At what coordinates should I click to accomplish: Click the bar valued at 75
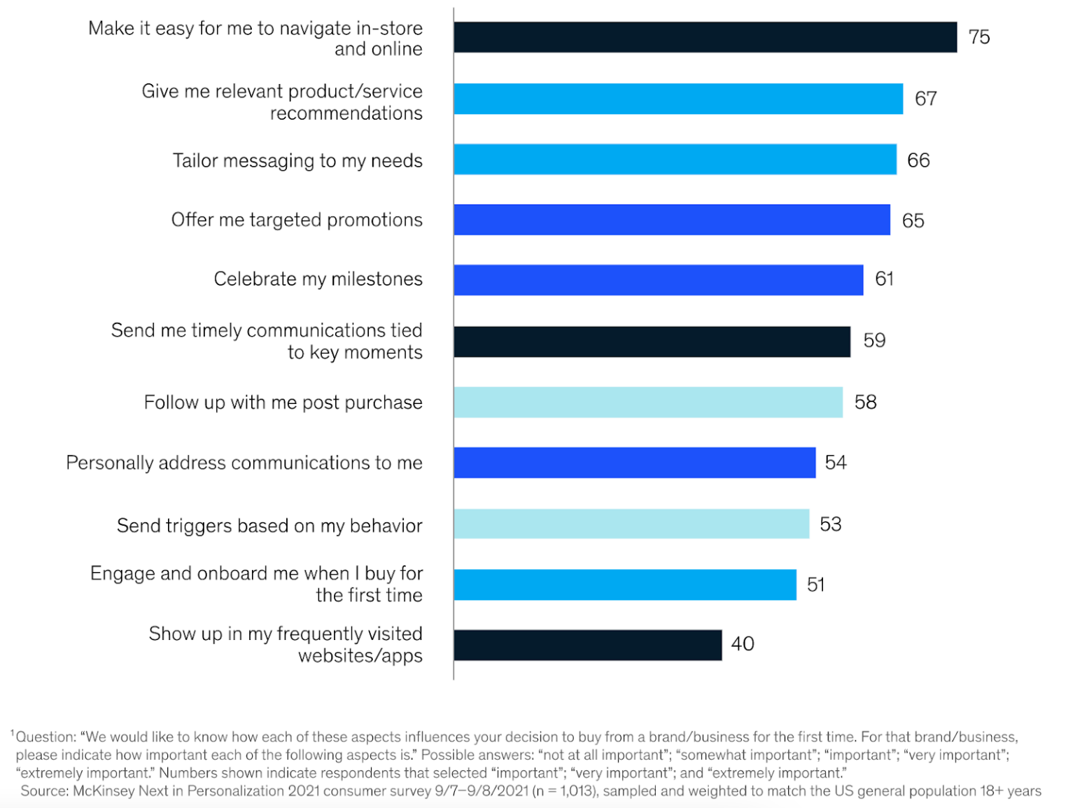click(705, 37)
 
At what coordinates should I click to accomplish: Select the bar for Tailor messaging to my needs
click(675, 160)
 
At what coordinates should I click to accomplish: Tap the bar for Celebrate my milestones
click(658, 280)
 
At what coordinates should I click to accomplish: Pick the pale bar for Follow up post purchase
click(648, 402)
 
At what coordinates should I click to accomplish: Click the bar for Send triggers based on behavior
click(631, 524)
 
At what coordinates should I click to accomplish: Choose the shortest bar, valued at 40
click(587, 645)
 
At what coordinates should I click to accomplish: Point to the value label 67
click(925, 99)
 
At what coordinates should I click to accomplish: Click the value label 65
click(913, 221)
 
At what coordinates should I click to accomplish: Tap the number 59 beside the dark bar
click(874, 340)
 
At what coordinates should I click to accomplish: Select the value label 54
click(835, 462)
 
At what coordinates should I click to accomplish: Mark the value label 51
click(815, 585)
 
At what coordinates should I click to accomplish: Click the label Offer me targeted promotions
click(297, 220)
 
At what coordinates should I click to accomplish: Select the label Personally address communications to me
click(244, 463)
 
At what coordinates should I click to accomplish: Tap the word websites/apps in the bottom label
click(360, 656)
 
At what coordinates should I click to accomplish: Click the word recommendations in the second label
click(346, 113)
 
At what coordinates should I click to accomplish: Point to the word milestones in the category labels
click(377, 279)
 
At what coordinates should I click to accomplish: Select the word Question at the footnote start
click(45, 737)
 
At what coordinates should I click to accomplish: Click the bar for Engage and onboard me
click(624, 585)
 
